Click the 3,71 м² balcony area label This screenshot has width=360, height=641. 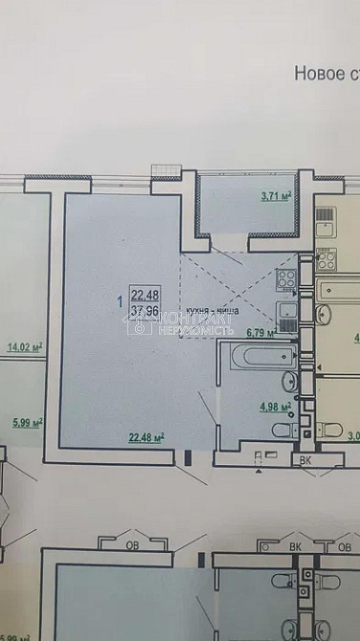click(276, 198)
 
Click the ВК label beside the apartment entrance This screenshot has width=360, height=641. click(305, 458)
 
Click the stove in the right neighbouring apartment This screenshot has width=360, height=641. click(326, 256)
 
